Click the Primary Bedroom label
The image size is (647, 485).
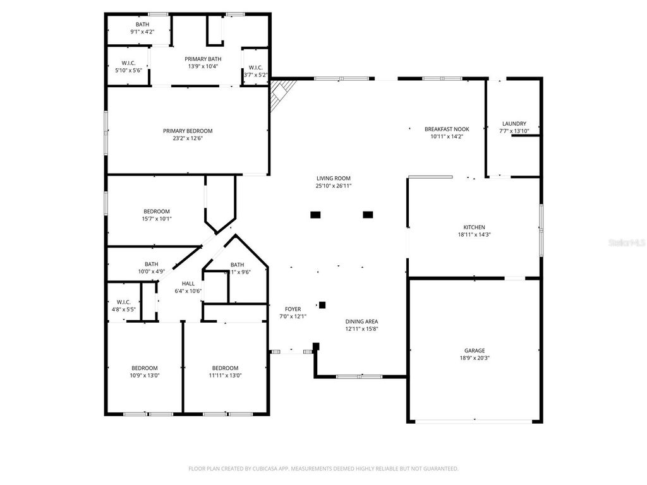pos(188,131)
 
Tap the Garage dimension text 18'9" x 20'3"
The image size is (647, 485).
pos(475,357)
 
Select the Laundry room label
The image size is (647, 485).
pos(514,124)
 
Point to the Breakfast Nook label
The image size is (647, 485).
pos(447,129)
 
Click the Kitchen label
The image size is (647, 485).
pos(475,227)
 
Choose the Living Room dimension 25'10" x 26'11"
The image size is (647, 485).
pos(333,186)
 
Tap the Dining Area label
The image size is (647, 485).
pos(361,321)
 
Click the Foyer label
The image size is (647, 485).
pos(293,309)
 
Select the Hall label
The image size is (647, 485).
pos(188,284)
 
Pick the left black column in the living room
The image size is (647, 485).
pos(315,215)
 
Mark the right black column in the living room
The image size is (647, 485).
pos(368,215)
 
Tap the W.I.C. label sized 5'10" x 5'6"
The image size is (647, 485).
pos(129,63)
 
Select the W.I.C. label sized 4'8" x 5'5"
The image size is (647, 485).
pos(123,302)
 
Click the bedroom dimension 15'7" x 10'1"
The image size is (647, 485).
pos(156,219)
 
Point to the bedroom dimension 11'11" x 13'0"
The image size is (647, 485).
pos(225,375)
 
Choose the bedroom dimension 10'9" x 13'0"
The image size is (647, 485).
pos(145,375)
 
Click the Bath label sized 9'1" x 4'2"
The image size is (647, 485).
pos(142,25)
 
